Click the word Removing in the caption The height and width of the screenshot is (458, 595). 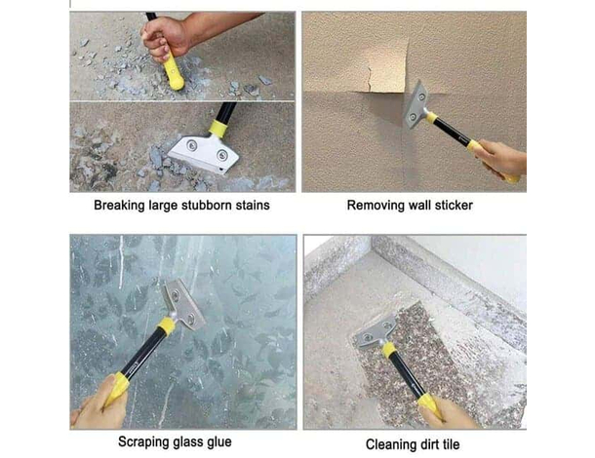[376, 206]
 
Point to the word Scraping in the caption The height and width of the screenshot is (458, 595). [144, 441]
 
